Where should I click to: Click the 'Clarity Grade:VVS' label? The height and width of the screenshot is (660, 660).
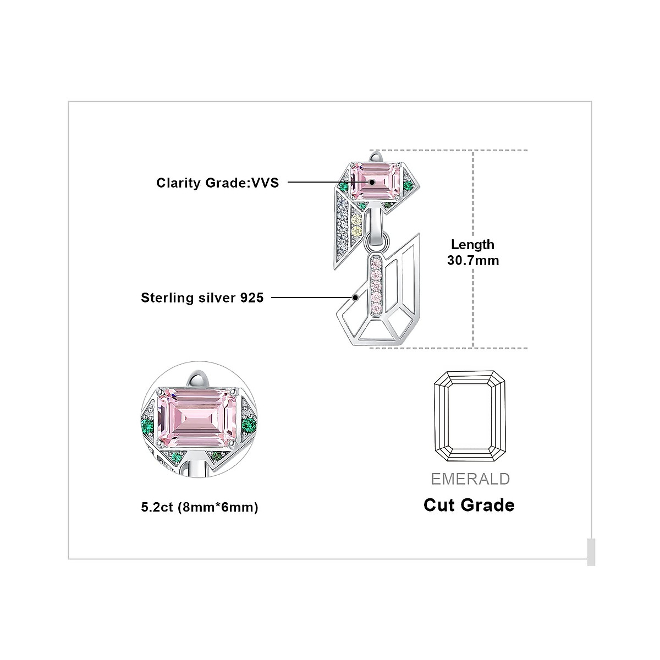217,183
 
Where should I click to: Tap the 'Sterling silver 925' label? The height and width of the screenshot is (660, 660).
202,298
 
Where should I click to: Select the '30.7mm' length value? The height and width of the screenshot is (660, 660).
473,260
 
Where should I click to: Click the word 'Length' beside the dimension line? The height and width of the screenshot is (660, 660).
472,245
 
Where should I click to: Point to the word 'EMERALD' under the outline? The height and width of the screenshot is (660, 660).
470,479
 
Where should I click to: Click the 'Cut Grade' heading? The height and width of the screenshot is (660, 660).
469,505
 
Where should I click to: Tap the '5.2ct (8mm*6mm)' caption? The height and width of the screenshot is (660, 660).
199,507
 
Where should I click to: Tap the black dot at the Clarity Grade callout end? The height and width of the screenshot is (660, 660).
372,182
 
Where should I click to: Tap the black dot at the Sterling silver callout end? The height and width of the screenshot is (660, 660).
356,298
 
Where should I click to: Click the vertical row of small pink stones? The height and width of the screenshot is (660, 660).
377,280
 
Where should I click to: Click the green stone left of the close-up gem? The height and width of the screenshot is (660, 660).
143,424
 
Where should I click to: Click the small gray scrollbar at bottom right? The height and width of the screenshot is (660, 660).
591,552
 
